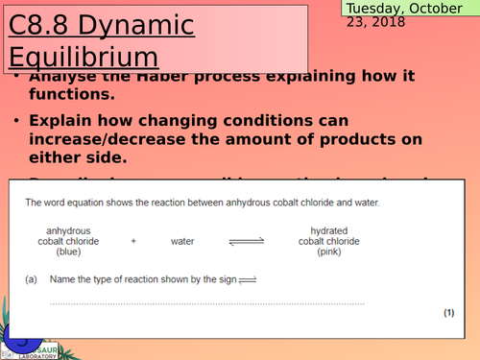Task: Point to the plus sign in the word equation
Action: tap(133, 241)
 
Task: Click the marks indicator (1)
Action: tap(448, 313)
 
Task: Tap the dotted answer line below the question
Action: tap(240, 303)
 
